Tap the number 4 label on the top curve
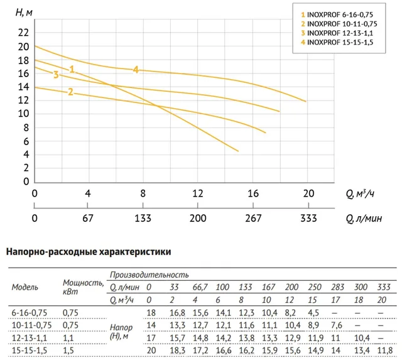tap(136, 70)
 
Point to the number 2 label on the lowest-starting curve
tap(70, 92)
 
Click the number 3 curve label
tap(56, 75)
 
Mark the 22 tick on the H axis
tap(23, 33)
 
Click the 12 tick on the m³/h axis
tap(198, 194)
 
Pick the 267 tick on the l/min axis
tap(253, 218)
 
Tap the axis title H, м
tap(24, 13)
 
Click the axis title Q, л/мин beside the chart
tap(364, 219)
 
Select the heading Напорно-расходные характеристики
tap(89, 252)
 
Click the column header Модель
tap(25, 287)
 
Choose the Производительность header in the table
tap(149, 275)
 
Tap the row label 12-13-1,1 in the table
tap(30, 338)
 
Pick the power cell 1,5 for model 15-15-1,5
tap(68, 350)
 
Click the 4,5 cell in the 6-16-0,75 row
tap(313, 313)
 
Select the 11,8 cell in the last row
tap(385, 350)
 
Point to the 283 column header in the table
tap(337, 287)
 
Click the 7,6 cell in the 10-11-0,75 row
tap(337, 325)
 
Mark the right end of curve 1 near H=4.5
tap(238, 151)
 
